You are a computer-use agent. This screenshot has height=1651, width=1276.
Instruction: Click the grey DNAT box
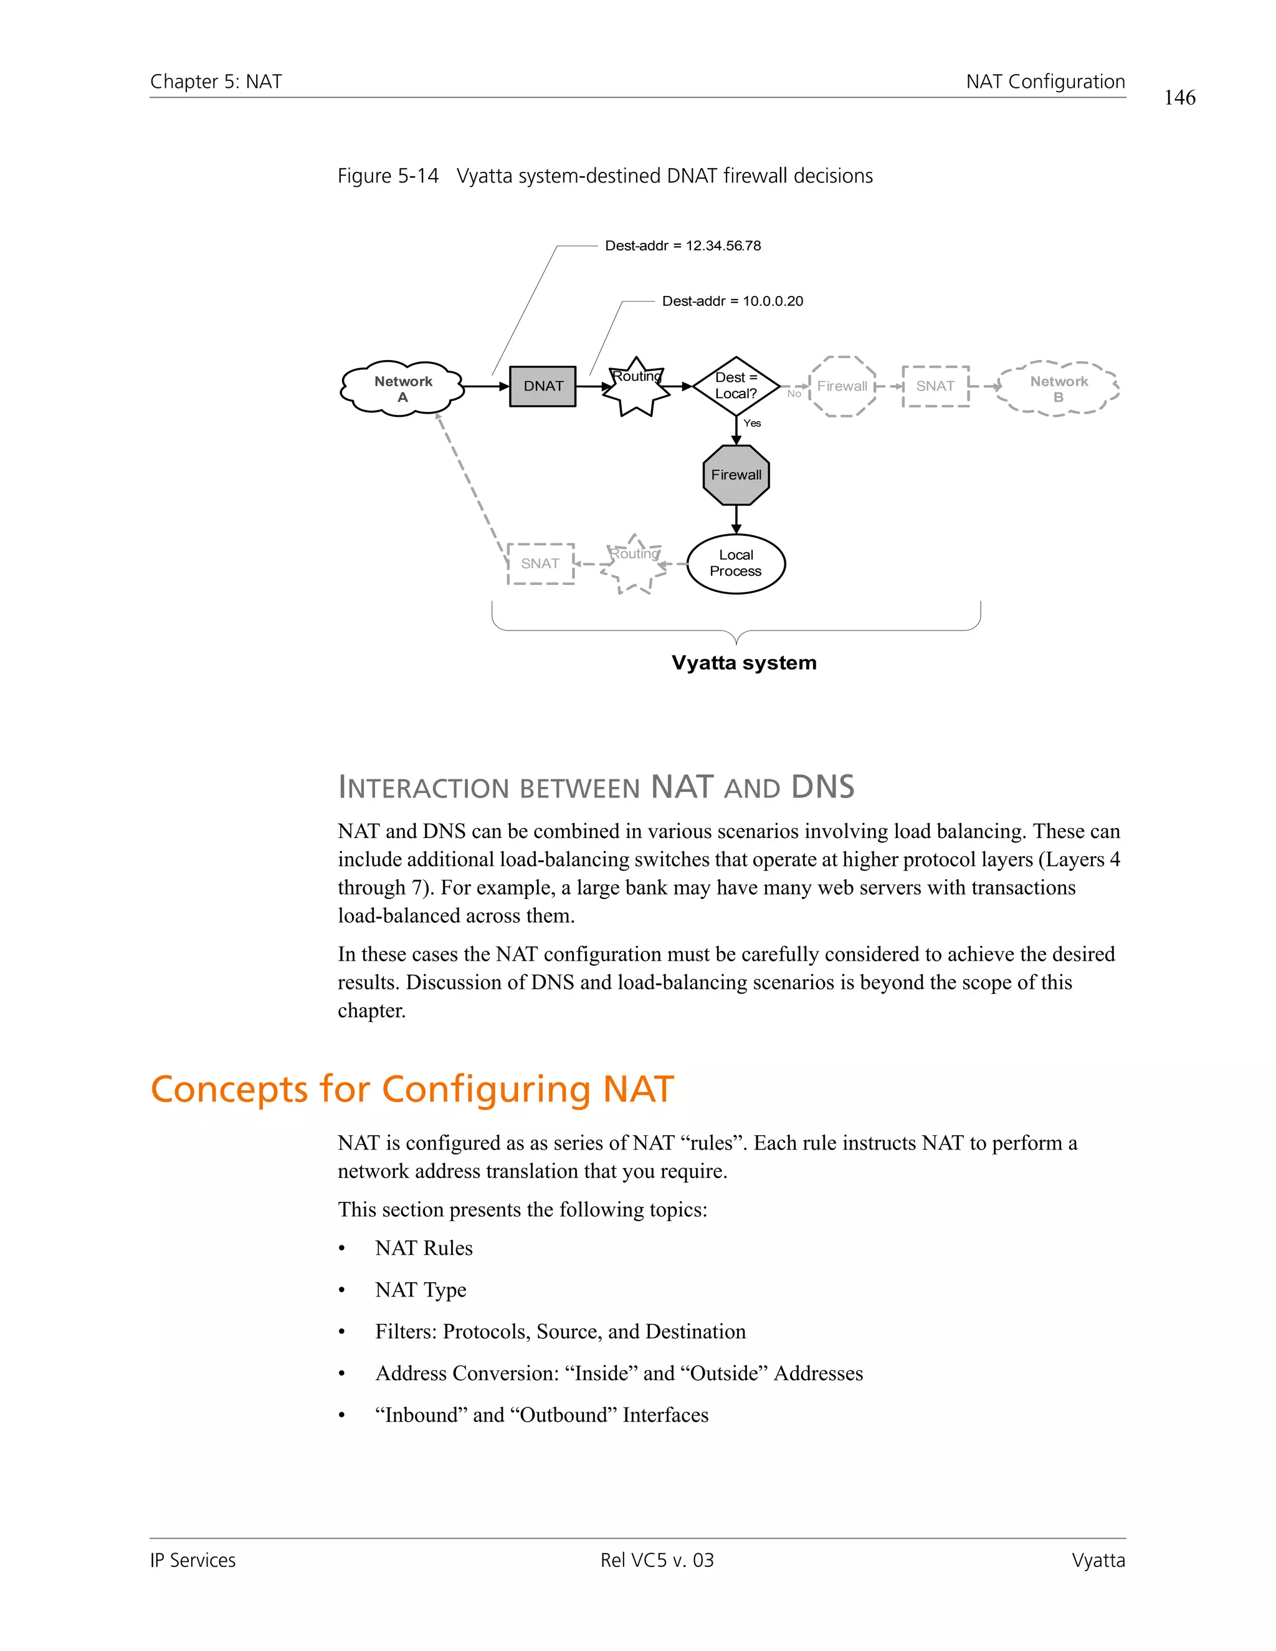543,386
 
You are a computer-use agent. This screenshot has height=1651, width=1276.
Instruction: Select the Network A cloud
402,387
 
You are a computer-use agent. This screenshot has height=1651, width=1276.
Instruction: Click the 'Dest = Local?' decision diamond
736,386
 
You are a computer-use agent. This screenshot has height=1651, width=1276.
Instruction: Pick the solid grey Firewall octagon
736,475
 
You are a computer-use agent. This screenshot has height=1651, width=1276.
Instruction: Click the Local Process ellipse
736,563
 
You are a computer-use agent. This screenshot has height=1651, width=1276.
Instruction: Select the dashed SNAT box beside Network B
935,386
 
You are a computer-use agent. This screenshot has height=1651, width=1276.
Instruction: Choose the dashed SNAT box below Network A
540,563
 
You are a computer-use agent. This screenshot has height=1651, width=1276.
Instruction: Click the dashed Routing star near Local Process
634,564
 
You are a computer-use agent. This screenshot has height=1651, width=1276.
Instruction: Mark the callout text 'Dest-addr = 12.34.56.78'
683,245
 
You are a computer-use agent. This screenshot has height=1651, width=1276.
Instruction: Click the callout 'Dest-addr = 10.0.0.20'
731,301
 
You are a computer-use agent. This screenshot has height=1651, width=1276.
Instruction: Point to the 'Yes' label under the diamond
752,423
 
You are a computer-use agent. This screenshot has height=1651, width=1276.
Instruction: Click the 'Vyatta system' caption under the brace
744,663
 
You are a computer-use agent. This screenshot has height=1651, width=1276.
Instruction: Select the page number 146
1179,98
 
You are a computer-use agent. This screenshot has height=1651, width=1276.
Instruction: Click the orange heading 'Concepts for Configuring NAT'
412,1089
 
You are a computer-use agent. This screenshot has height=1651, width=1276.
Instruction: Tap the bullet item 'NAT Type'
421,1290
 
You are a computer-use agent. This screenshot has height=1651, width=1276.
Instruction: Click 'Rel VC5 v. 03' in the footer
657,1560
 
